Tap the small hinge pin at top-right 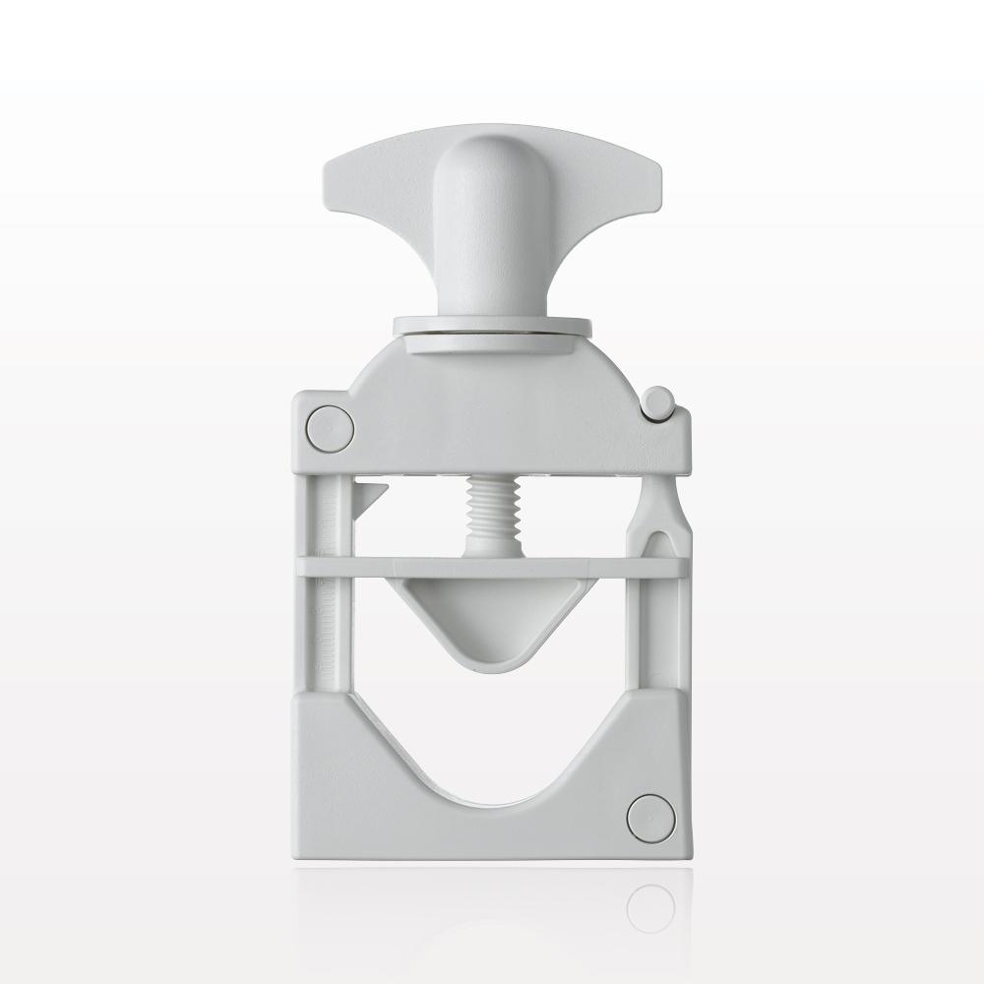tap(658, 401)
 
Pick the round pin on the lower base tap(650, 818)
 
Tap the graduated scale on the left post tap(331, 590)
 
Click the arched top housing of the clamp tap(492, 394)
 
